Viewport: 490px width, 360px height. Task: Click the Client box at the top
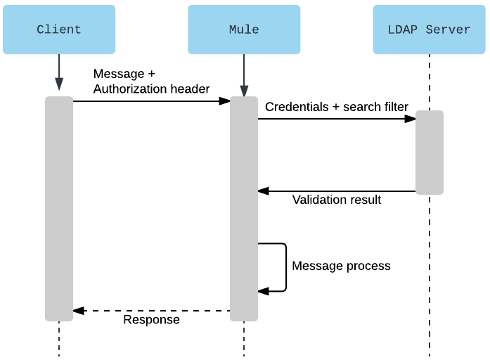pyautogui.click(x=59, y=30)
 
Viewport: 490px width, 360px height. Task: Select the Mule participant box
pyautogui.click(x=244, y=30)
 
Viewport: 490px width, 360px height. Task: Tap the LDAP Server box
pyautogui.click(x=429, y=30)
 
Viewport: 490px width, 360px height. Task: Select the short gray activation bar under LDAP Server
pyautogui.click(x=429, y=152)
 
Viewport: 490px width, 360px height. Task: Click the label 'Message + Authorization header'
pyautogui.click(x=151, y=82)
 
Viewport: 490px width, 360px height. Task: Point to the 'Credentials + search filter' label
pyautogui.click(x=337, y=107)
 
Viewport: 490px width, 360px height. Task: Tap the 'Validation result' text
pyautogui.click(x=337, y=200)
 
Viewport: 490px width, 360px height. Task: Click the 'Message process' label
pyautogui.click(x=341, y=266)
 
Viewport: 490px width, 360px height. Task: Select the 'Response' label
pyautogui.click(x=151, y=320)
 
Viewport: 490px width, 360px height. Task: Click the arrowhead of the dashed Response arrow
pyautogui.click(x=77, y=310)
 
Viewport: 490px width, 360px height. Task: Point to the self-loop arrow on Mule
pyautogui.click(x=285, y=267)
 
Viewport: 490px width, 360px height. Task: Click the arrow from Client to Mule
pyautogui.click(x=151, y=101)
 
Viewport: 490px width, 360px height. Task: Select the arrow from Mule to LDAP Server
pyautogui.click(x=337, y=119)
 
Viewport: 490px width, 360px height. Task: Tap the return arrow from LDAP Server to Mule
pyautogui.click(x=337, y=191)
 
